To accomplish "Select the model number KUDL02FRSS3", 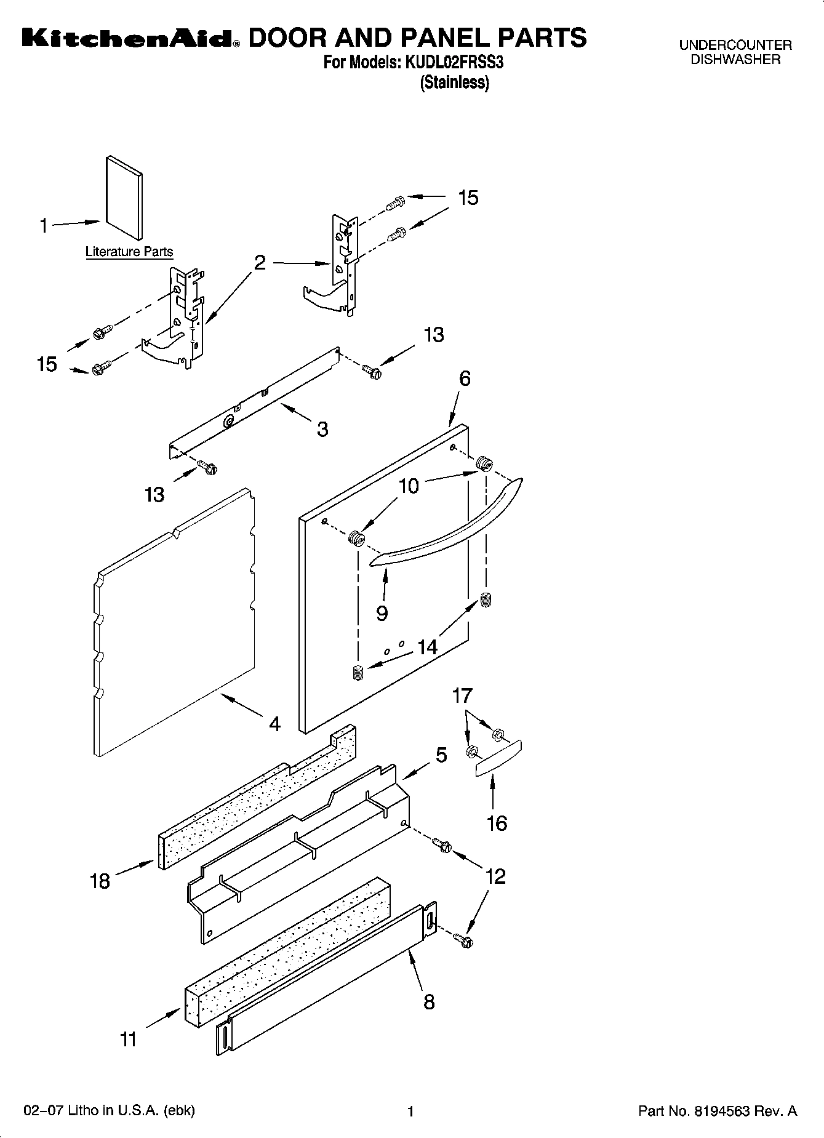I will point(453,63).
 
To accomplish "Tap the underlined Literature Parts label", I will point(129,252).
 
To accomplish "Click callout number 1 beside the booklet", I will point(44,226).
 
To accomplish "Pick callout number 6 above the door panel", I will point(465,379).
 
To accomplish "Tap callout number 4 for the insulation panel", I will point(274,724).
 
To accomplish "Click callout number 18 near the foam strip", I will point(100,881).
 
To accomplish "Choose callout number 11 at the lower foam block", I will point(128,1040).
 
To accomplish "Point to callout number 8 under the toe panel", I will point(429,1002).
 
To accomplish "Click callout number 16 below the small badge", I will point(497,823).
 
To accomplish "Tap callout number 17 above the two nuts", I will point(462,695).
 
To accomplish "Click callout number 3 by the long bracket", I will point(322,429).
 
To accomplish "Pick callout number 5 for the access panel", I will point(441,755).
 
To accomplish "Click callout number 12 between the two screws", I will point(495,876).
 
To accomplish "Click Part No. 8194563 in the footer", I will point(717,1111).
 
